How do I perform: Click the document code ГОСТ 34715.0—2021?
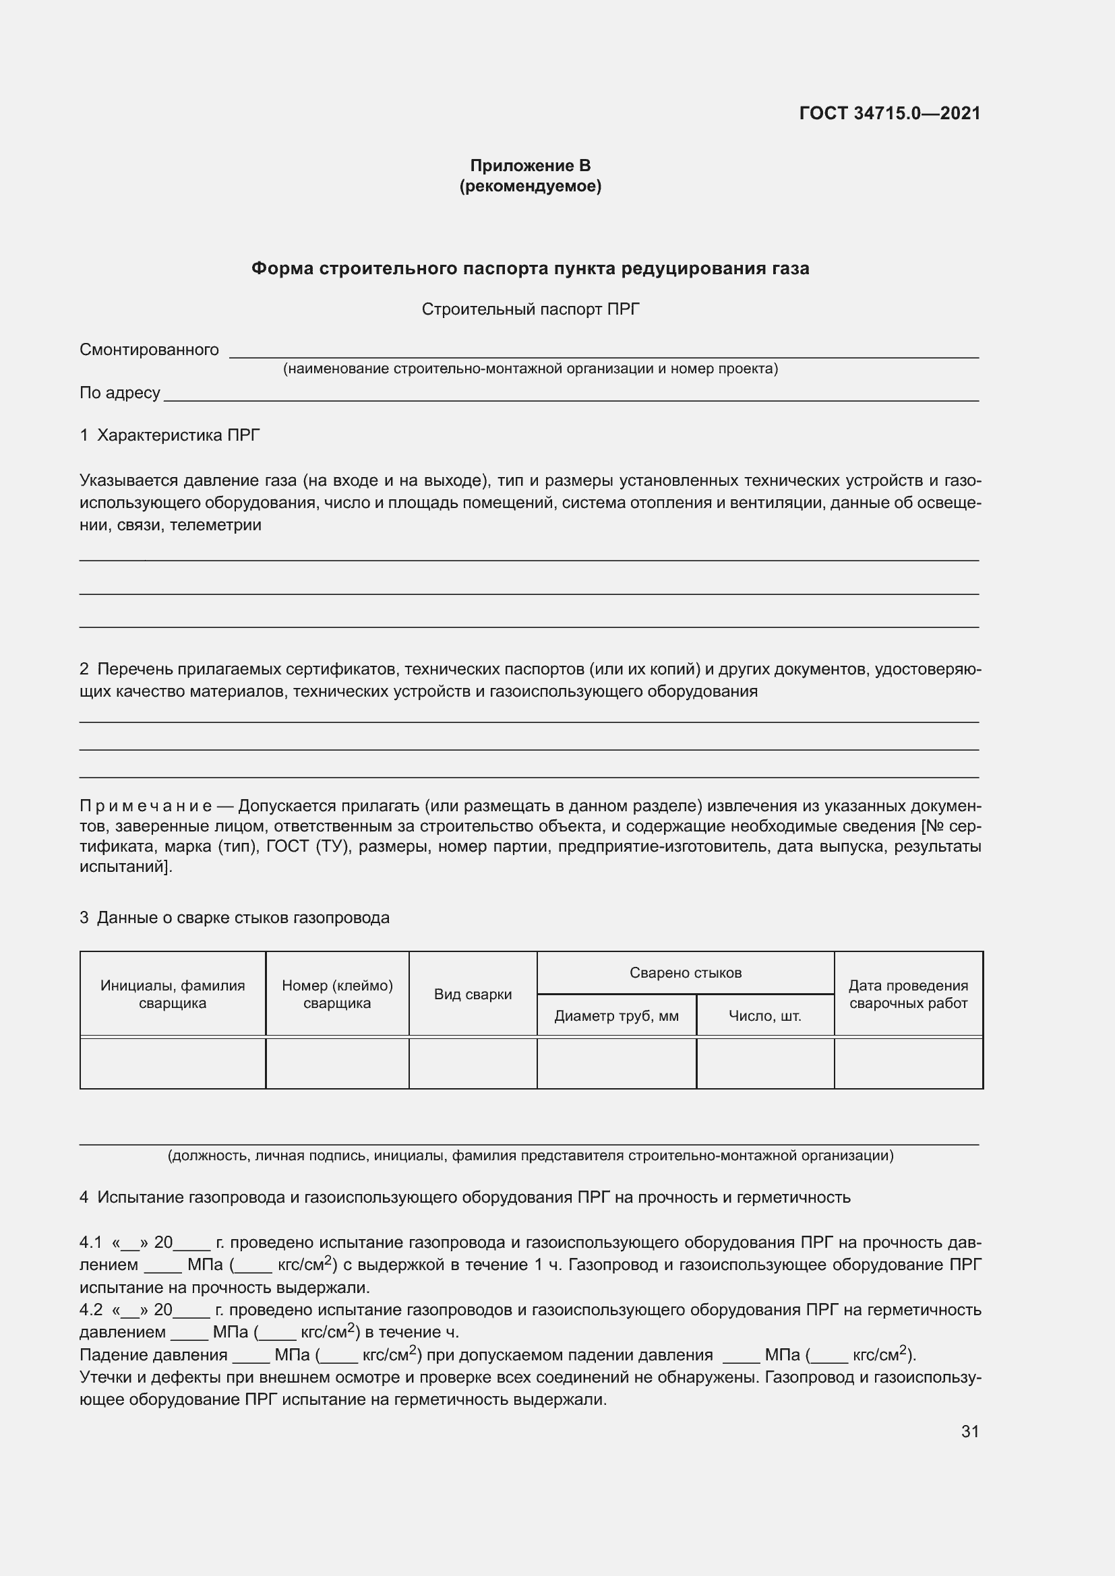[889, 113]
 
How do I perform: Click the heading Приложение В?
[530, 166]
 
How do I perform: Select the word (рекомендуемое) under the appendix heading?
[530, 186]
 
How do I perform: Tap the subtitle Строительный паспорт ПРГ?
[530, 309]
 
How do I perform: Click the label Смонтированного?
[149, 350]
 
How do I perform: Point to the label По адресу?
[119, 393]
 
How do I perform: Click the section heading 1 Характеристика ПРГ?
[170, 435]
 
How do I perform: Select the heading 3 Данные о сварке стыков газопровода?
[234, 918]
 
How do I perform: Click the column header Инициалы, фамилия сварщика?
[173, 994]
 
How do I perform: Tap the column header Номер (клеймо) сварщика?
[337, 994]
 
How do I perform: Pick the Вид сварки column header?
[473, 995]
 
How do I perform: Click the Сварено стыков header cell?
[685, 973]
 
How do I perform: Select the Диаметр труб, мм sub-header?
[616, 1016]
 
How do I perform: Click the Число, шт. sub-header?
[765, 1016]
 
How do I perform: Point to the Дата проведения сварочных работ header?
[907, 994]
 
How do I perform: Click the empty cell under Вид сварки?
[473, 1063]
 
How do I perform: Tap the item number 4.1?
[90, 1242]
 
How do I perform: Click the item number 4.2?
[90, 1310]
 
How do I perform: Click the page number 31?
[969, 1431]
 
